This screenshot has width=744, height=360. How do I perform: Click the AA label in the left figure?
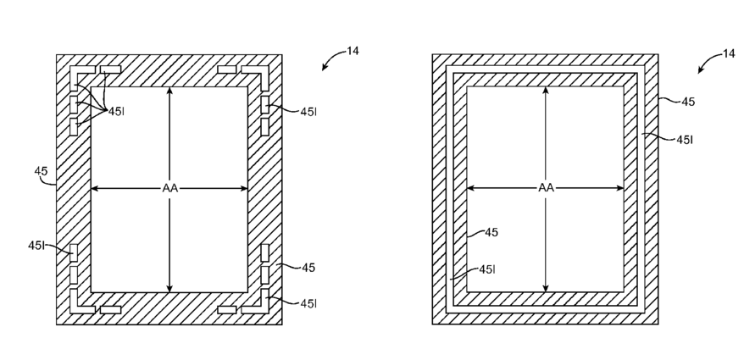tap(169, 188)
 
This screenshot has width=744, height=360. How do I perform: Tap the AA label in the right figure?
tap(546, 188)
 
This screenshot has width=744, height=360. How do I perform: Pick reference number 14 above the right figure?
tap(729, 53)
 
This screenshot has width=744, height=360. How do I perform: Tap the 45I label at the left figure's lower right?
tap(308, 302)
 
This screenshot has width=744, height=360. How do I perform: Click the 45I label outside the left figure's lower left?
tap(36, 245)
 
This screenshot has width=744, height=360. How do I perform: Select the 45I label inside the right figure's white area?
tap(487, 269)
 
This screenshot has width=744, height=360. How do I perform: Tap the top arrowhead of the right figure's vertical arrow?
tap(546, 91)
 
